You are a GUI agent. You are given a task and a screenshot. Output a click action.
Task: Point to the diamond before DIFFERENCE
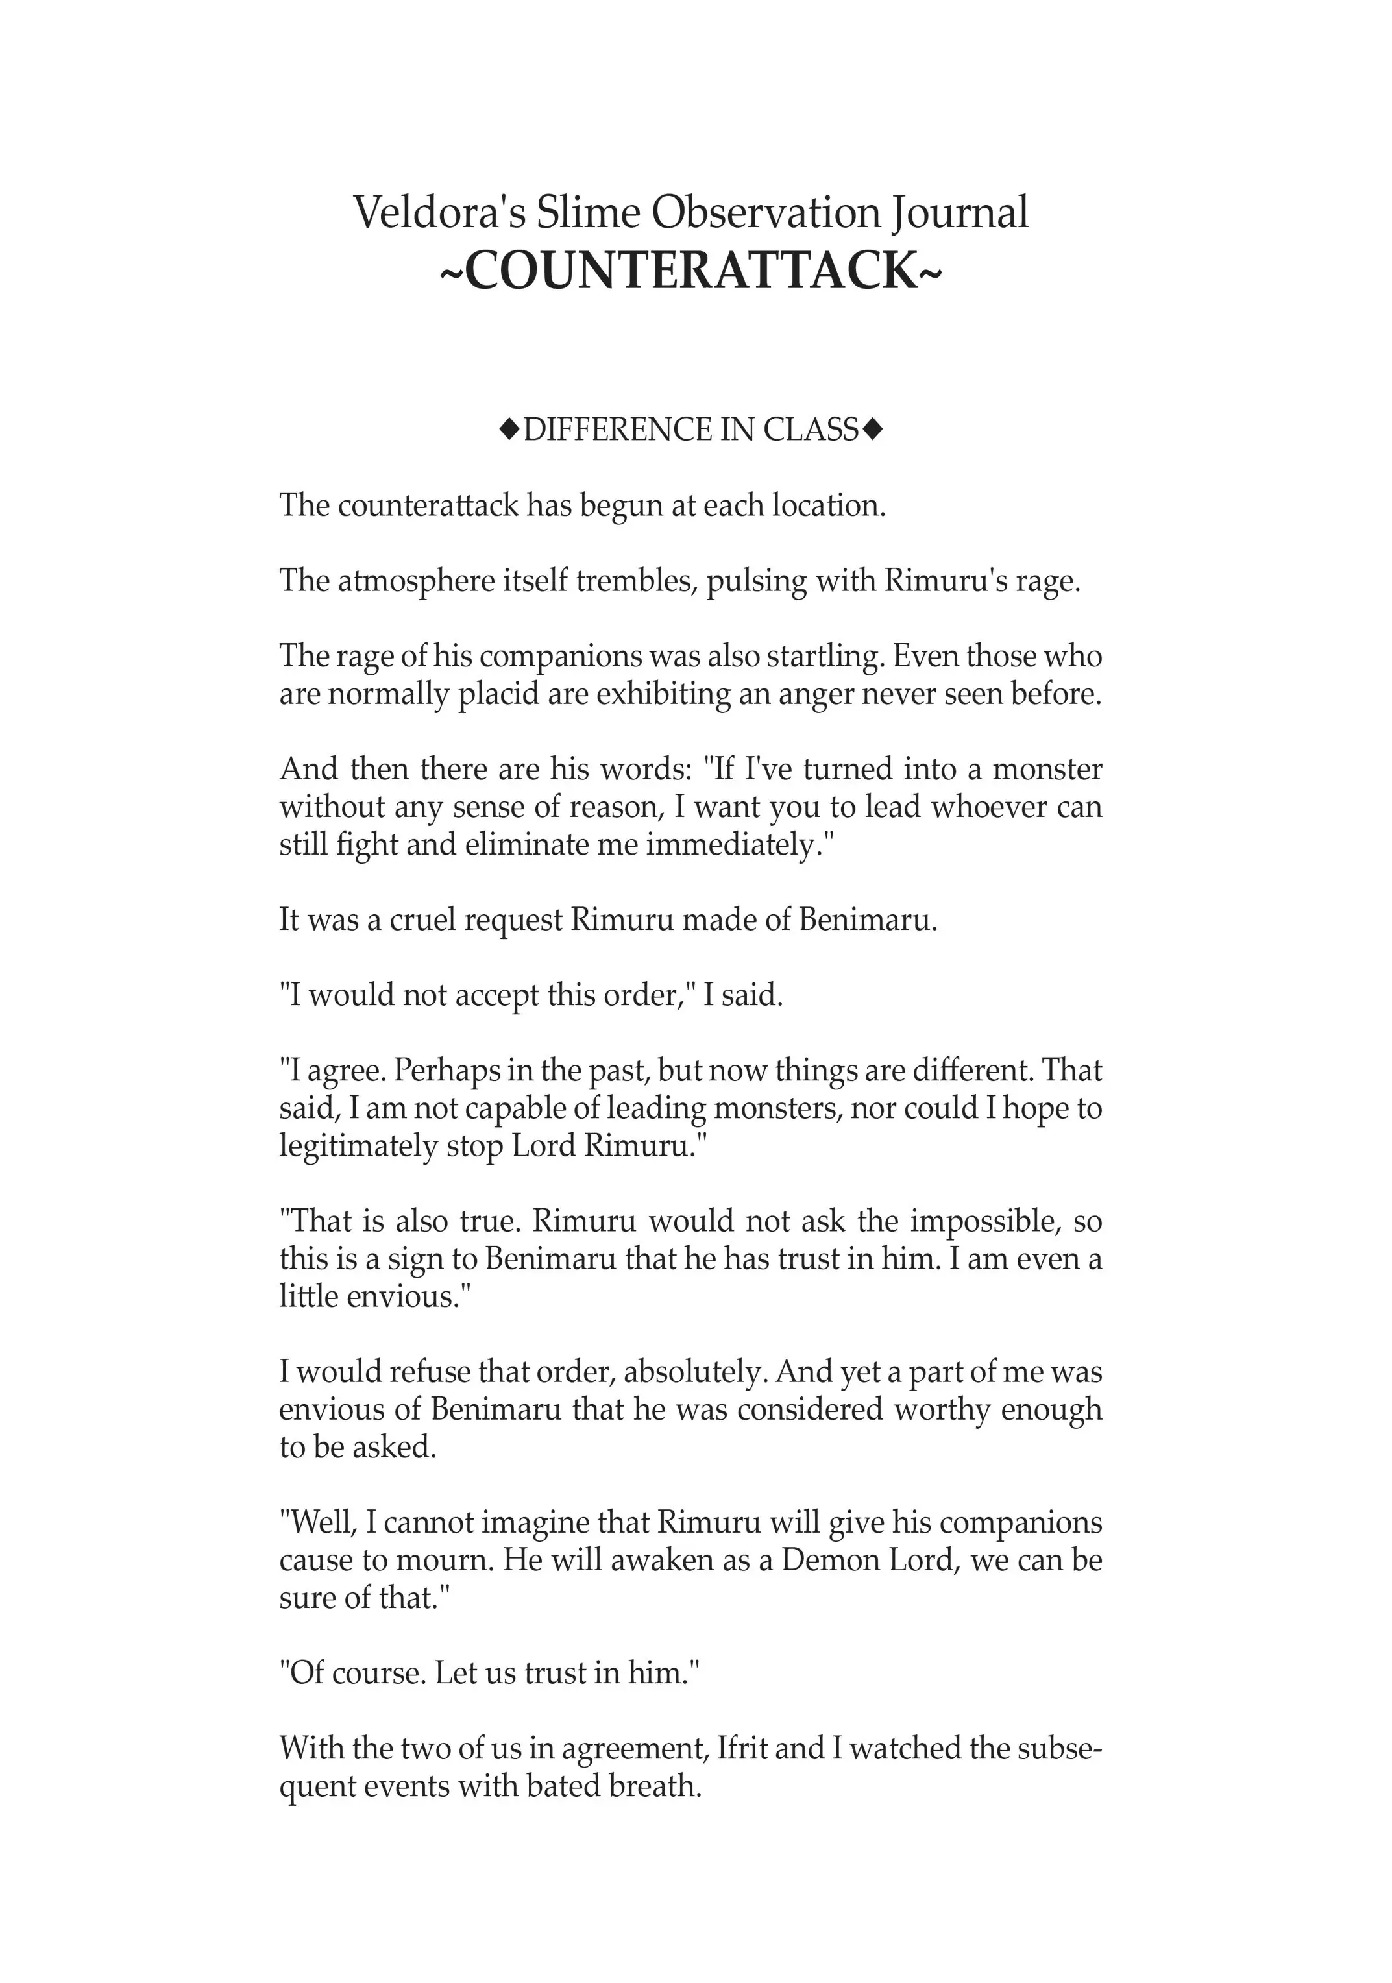point(509,428)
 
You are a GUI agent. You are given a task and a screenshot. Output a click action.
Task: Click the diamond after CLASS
point(873,428)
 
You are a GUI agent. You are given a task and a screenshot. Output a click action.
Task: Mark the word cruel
point(423,920)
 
